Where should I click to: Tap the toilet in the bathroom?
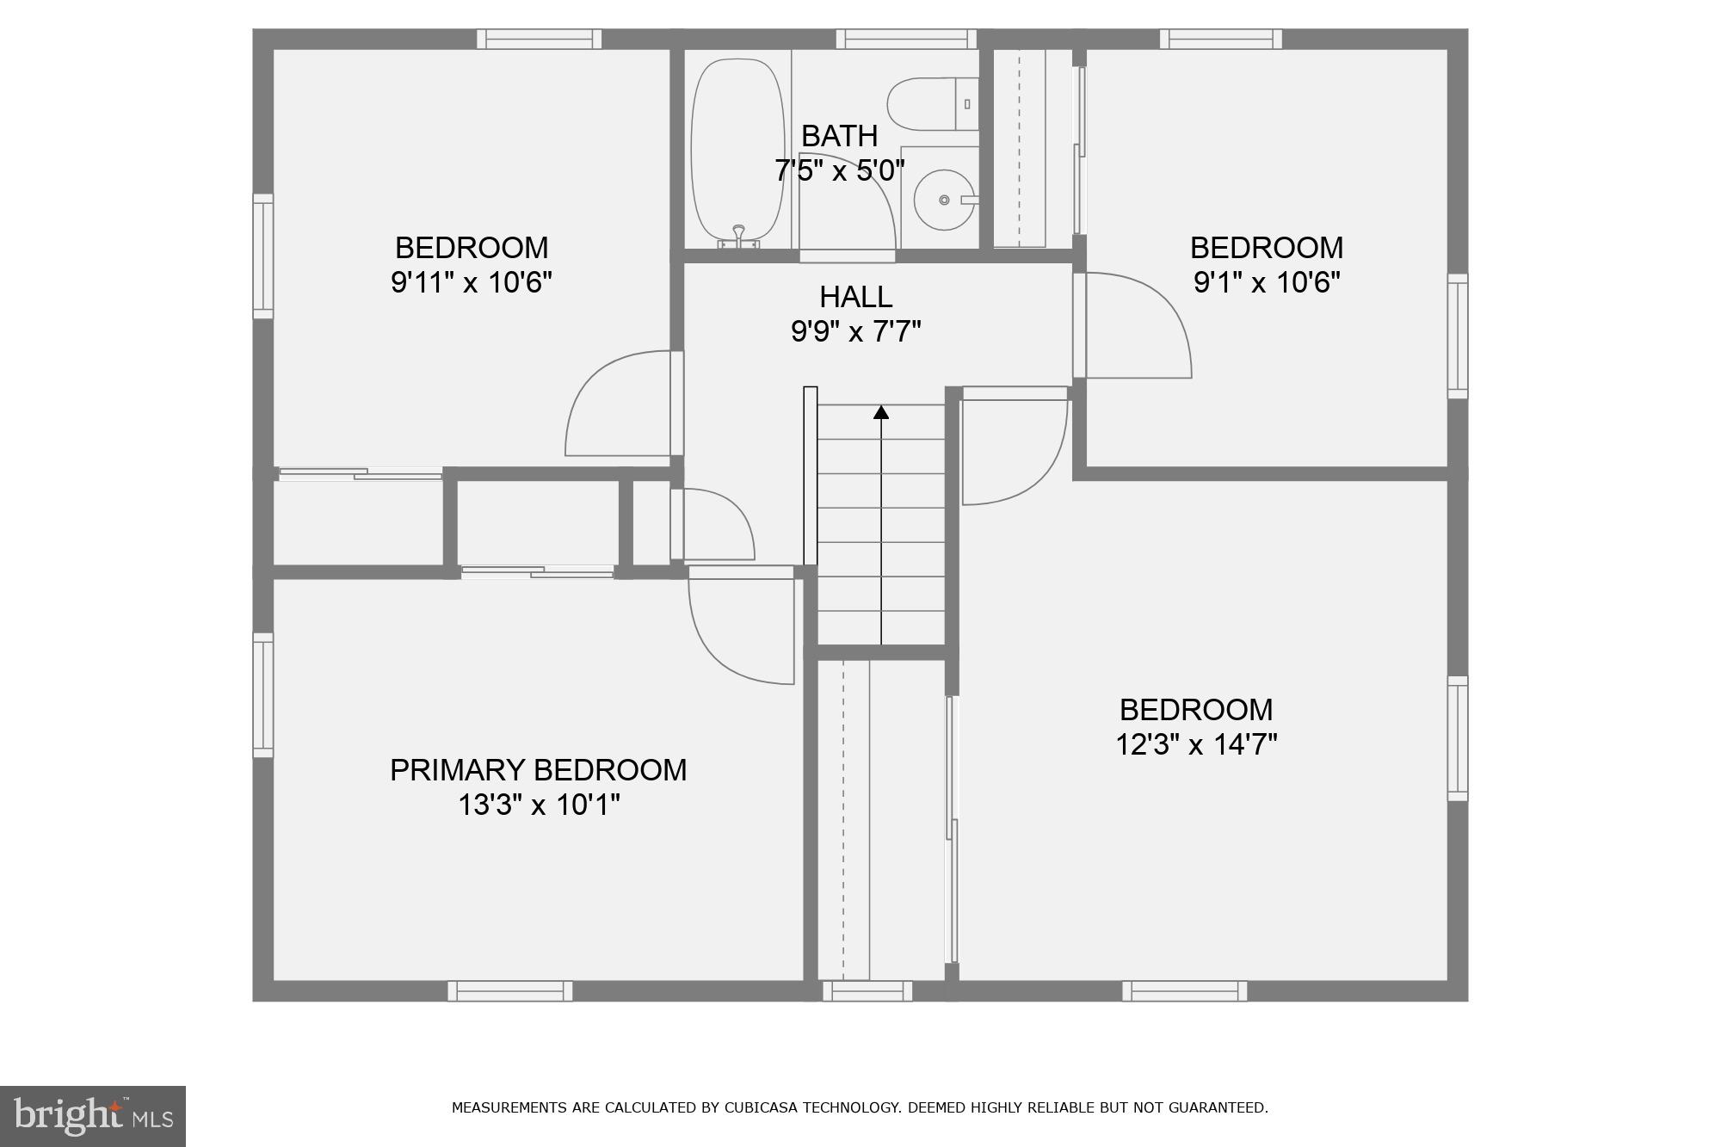[929, 104]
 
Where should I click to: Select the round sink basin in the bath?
[943, 200]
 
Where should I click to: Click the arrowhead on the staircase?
[880, 412]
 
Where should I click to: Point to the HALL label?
[855, 297]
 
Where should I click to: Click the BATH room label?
[839, 136]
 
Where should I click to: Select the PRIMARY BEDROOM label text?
[538, 770]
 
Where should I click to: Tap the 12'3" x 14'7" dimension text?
[1196, 744]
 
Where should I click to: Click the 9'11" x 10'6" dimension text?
[471, 282]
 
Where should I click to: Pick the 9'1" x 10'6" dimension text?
[1267, 282]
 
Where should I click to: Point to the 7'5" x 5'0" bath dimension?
[839, 171]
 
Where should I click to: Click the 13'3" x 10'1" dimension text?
[538, 805]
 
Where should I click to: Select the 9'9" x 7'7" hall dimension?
[855, 331]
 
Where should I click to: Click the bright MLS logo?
[93, 1116]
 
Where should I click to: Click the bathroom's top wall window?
[906, 39]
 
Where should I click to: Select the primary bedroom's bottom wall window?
[509, 991]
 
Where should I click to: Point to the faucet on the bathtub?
[738, 231]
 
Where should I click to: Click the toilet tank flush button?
[967, 104]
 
